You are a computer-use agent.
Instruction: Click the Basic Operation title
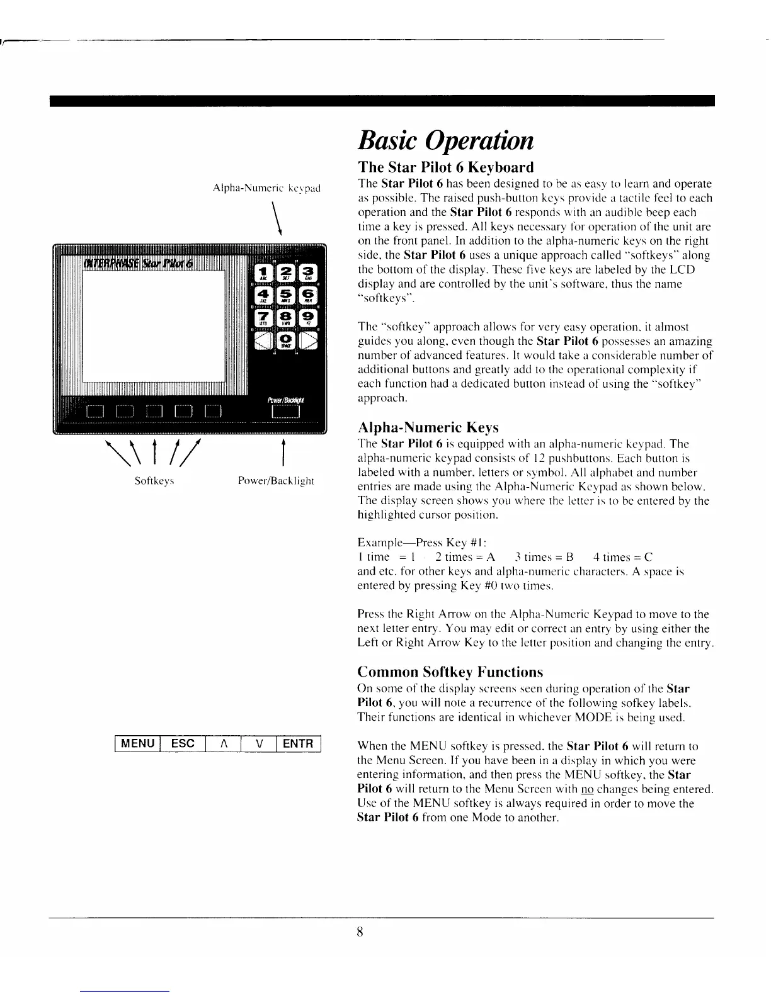click(445, 140)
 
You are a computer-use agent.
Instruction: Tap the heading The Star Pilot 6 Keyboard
click(445, 167)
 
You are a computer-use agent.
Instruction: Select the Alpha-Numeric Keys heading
click(428, 428)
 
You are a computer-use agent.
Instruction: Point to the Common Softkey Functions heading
click(450, 672)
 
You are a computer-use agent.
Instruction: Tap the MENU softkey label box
click(138, 743)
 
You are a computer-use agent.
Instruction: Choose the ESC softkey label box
click(183, 743)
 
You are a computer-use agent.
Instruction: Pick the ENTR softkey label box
click(298, 743)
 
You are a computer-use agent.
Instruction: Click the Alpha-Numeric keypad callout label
click(267, 188)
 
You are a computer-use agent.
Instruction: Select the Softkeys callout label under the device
click(154, 481)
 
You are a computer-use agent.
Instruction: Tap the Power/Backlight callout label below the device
click(276, 481)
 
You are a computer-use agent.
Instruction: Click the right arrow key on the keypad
click(309, 340)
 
